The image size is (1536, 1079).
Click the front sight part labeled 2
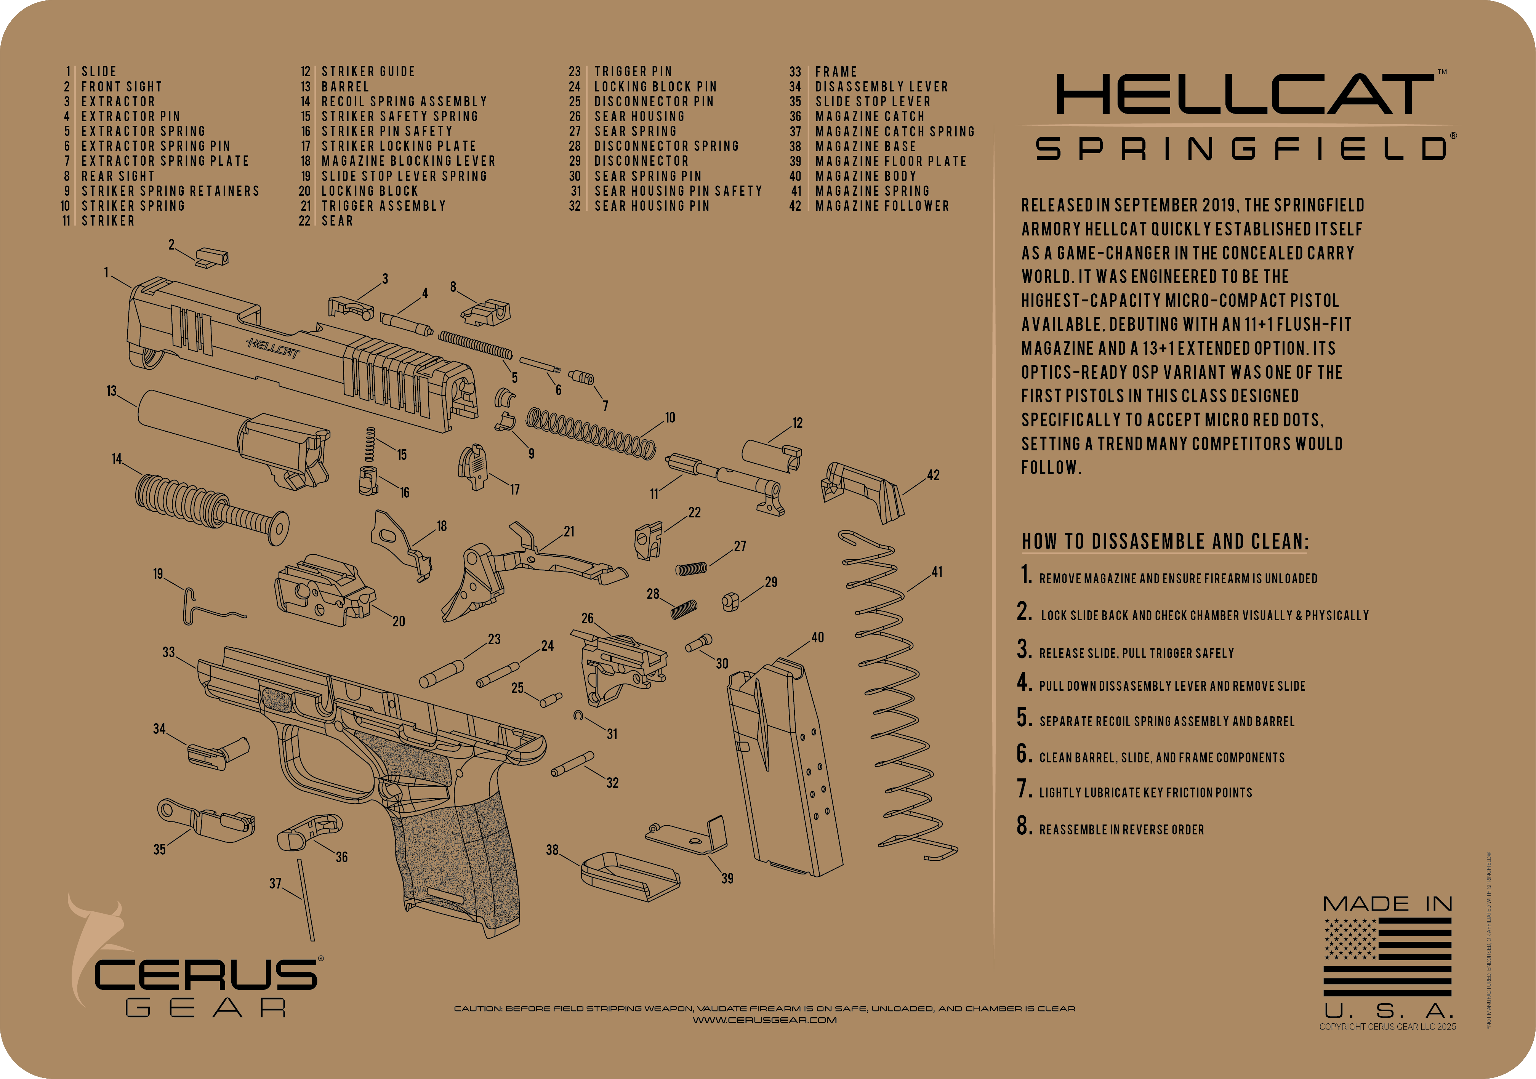click(x=213, y=258)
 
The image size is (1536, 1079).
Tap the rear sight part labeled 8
click(x=486, y=312)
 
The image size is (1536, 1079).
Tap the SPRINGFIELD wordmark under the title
click(x=1241, y=149)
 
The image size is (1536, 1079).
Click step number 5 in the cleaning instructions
click(x=1023, y=718)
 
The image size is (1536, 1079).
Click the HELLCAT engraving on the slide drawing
click(x=273, y=348)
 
